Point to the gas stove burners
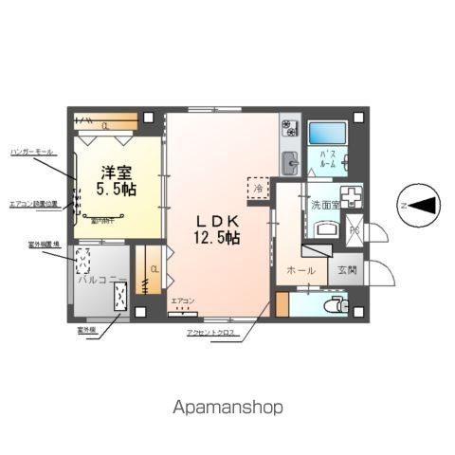pyautogui.click(x=289, y=128)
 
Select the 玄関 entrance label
pyautogui.click(x=347, y=270)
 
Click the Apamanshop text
pyautogui.click(x=227, y=407)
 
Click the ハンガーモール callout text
pyautogui.click(x=32, y=151)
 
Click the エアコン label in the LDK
pyautogui.click(x=182, y=301)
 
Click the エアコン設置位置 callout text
pyautogui.click(x=33, y=203)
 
